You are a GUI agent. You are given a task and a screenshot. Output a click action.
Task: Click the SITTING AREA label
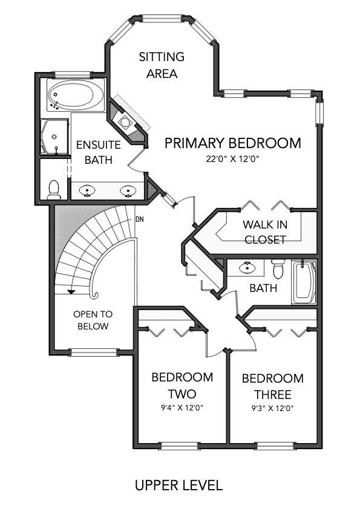(x=162, y=65)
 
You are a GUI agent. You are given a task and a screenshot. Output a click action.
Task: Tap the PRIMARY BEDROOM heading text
(x=233, y=143)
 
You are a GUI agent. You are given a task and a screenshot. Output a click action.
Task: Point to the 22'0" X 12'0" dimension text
(x=233, y=160)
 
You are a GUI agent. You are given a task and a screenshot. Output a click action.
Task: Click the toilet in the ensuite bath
(x=54, y=189)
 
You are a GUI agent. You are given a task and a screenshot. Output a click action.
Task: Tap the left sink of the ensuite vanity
(x=88, y=191)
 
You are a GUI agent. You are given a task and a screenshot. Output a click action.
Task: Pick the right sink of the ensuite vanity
(x=128, y=191)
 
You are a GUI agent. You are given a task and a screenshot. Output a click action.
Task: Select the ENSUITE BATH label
(x=98, y=152)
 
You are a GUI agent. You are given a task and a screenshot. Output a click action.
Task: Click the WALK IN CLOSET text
(x=264, y=232)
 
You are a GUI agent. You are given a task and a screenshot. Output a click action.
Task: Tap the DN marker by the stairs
(x=139, y=219)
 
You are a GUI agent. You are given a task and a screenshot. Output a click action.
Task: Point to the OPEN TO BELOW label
(x=93, y=320)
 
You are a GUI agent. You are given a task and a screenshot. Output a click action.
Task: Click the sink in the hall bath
(x=247, y=267)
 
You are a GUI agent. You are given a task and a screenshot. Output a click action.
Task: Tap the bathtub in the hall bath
(x=304, y=282)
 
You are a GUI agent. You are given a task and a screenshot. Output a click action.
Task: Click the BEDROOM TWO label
(x=182, y=385)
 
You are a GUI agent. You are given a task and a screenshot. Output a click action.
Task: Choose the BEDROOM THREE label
(x=272, y=387)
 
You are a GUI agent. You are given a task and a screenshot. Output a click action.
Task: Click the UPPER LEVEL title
(x=178, y=485)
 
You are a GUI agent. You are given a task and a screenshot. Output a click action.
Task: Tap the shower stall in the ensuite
(x=54, y=137)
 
